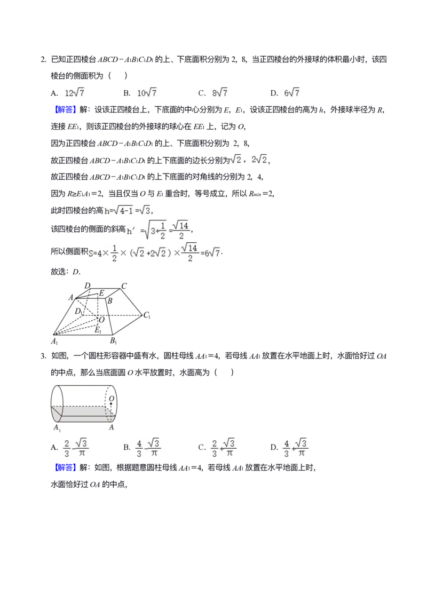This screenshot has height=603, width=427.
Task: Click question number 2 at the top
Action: click(x=43, y=60)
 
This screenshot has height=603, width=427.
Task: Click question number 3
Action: click(x=43, y=356)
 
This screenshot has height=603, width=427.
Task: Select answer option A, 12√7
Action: click(x=68, y=93)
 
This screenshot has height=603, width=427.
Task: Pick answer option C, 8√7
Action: click(x=213, y=93)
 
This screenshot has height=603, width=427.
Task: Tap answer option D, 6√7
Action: click(x=285, y=93)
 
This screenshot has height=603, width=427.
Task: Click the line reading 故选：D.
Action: click(x=66, y=272)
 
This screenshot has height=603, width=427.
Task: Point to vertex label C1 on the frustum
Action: click(x=147, y=315)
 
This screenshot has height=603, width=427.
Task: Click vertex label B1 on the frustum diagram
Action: click(x=113, y=341)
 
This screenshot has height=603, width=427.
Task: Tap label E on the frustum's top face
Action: click(x=101, y=293)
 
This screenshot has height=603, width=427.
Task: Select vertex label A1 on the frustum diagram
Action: click(x=54, y=342)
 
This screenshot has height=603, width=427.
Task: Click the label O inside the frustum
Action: click(x=101, y=320)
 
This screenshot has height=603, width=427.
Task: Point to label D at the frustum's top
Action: click(x=88, y=285)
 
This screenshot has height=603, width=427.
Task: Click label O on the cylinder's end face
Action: click(x=111, y=399)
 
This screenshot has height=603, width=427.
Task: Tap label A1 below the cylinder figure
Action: click(x=57, y=427)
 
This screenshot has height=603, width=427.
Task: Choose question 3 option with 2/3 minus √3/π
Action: click(x=69, y=448)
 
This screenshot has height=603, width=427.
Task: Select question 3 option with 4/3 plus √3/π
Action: click(x=289, y=448)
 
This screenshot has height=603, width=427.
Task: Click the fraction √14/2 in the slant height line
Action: click(x=181, y=230)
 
